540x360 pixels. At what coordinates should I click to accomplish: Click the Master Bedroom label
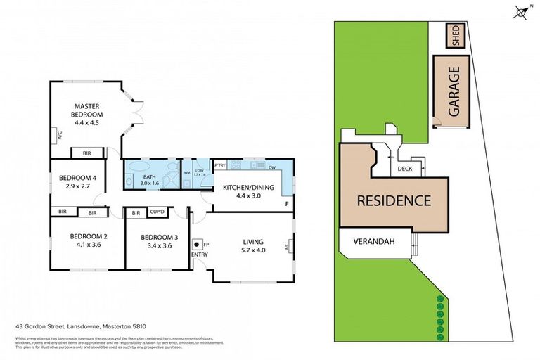tap(89, 114)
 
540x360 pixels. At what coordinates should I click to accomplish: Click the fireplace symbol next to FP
tap(199, 245)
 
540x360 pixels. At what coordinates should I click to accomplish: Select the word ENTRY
tap(200, 255)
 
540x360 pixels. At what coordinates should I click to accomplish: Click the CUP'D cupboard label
tap(157, 212)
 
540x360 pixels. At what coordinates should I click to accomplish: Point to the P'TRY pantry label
tap(219, 166)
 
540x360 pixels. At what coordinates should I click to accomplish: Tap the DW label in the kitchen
tap(271, 167)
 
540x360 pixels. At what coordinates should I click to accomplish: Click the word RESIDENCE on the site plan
tap(394, 200)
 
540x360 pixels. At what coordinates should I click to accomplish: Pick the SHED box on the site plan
tap(455, 36)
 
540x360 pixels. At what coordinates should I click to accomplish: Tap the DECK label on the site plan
tap(404, 169)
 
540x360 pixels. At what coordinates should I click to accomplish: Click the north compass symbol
tap(521, 12)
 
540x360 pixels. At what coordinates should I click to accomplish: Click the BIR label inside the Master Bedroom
tap(86, 153)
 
